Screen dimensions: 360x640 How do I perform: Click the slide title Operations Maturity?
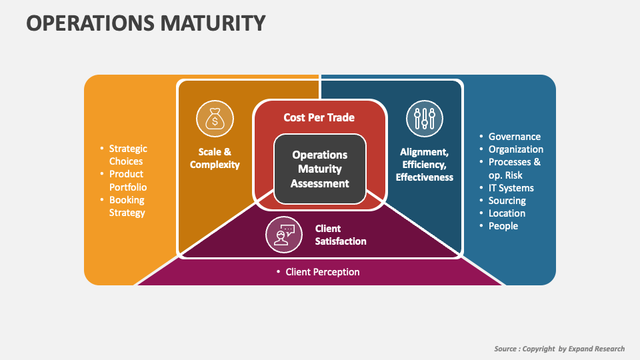click(x=145, y=23)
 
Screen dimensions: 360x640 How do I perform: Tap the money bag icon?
click(x=215, y=119)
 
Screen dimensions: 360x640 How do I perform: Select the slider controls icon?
click(x=425, y=119)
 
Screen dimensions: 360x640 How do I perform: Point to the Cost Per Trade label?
click(x=319, y=117)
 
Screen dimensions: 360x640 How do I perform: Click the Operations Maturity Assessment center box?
click(x=319, y=169)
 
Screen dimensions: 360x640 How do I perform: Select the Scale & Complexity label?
click(x=215, y=158)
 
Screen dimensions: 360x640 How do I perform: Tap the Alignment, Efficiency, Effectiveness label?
click(x=425, y=165)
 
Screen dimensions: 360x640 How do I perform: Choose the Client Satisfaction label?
click(x=341, y=235)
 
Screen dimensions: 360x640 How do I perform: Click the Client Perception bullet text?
click(x=322, y=272)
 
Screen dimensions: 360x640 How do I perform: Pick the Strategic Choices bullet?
click(x=127, y=155)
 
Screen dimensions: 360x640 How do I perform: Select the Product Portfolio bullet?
click(x=127, y=181)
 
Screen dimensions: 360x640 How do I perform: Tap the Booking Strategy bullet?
click(x=127, y=206)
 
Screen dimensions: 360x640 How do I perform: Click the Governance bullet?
click(x=514, y=137)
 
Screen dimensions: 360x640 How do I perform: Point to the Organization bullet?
click(x=515, y=149)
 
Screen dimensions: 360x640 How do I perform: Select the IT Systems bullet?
click(x=511, y=188)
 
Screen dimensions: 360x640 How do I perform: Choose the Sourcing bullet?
click(x=507, y=201)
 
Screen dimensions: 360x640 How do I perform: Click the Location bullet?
click(x=507, y=213)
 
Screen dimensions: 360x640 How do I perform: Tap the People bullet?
click(x=503, y=226)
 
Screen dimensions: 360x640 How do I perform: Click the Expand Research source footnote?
click(x=559, y=349)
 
